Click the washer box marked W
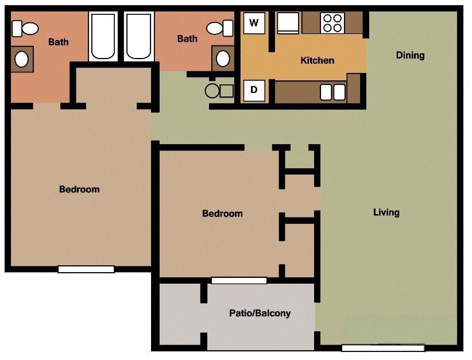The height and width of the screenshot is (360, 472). coord(254,24)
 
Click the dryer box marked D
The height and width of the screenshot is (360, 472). coord(254,91)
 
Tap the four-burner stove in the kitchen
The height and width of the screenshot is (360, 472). coord(332,23)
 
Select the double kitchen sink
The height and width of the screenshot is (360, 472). coord(332,92)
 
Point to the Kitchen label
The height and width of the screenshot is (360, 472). coord(317,60)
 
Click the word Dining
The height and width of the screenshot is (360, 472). coord(410,55)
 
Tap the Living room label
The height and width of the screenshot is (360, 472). coord(386,212)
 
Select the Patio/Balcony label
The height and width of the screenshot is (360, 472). coord(260,313)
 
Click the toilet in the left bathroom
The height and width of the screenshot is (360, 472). coord(25,28)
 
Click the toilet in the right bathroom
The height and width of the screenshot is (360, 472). coord(219,28)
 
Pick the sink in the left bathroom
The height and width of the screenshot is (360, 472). coord(22,59)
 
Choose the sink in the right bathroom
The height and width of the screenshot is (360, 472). coord(223,58)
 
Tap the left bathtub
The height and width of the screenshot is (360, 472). coord(103,36)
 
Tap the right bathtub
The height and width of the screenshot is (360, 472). coord(138,36)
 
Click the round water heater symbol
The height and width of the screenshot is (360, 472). coord(212,91)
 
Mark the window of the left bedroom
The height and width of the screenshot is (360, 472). coord(86,269)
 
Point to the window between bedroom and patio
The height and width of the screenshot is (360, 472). coord(239,281)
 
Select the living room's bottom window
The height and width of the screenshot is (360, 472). coord(383,347)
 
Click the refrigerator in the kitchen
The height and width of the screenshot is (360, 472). coord(288,24)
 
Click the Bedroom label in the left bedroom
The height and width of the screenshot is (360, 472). coord(79,189)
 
